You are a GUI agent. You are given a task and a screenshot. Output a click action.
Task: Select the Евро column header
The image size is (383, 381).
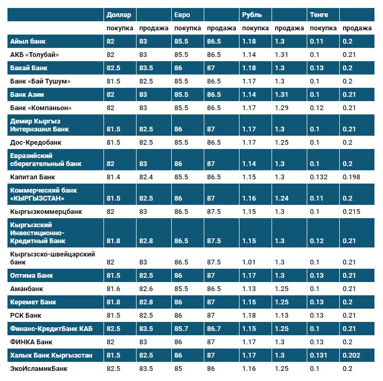[182, 15]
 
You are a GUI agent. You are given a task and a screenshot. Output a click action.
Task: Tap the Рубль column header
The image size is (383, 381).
[251, 15]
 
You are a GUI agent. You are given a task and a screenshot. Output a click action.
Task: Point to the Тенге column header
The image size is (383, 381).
[319, 15]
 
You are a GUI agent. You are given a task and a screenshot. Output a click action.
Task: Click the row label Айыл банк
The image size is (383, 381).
[28, 42]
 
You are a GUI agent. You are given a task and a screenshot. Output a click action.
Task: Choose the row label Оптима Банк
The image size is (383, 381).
[31, 276]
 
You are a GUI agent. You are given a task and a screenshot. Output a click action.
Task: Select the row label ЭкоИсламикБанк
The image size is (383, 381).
[39, 368]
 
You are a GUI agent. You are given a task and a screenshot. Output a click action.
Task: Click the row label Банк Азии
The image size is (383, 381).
[27, 94]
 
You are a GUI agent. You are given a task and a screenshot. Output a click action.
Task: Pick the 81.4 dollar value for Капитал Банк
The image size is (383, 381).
[113, 177]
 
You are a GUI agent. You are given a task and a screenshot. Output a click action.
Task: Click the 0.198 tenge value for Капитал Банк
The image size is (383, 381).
[352, 177]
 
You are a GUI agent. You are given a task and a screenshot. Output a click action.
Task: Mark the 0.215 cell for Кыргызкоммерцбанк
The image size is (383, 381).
[352, 211]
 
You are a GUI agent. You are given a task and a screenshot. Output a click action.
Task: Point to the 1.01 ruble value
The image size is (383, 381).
[249, 262]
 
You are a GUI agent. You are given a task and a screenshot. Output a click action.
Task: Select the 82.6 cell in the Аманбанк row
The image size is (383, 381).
[146, 289]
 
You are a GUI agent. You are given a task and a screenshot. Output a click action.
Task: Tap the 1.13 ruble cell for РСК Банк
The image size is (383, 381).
[282, 316]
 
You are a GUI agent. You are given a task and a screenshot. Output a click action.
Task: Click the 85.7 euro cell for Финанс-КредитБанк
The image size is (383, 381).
[182, 329]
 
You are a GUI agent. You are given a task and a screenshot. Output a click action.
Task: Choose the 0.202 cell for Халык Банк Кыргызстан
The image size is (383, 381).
[352, 355]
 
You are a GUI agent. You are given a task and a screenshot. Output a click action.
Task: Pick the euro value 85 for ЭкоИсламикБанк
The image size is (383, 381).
[179, 368]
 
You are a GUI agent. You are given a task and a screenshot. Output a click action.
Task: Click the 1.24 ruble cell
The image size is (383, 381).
[282, 198]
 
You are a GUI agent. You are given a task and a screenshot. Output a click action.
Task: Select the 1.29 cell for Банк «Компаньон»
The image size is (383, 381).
[282, 107]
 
